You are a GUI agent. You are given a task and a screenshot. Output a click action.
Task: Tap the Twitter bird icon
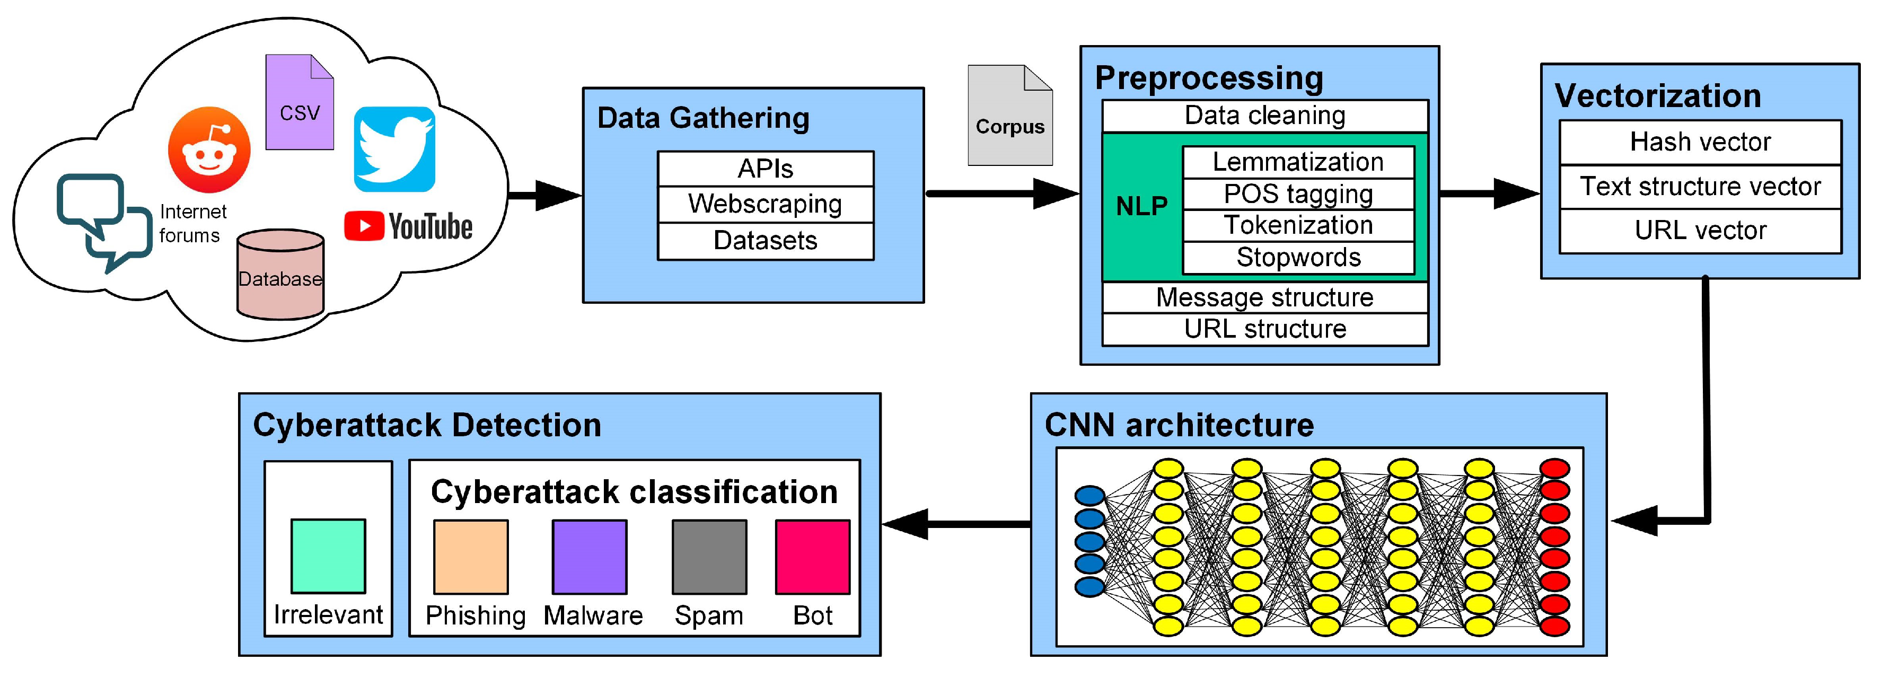[x=394, y=149]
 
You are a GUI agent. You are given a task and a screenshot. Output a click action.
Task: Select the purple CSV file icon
[x=300, y=102]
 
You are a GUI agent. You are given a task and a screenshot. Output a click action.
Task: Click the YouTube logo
[x=408, y=226]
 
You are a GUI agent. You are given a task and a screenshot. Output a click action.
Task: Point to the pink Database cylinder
[x=280, y=275]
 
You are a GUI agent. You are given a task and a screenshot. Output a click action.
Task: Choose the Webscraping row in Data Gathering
[x=764, y=204]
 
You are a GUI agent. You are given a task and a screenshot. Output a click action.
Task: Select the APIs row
[x=764, y=169]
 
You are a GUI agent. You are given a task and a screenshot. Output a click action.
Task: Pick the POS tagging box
[x=1298, y=194]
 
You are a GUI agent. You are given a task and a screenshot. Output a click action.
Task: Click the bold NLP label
[x=1141, y=207]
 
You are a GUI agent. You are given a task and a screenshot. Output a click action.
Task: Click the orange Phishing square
[x=471, y=556]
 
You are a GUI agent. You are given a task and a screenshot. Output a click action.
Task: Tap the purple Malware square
[x=590, y=556]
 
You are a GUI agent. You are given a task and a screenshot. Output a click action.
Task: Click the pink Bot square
[x=812, y=556]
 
